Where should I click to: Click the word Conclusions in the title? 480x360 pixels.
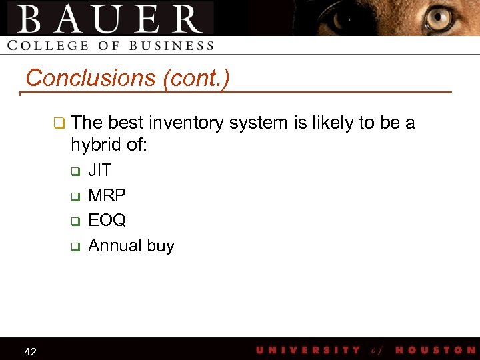90,79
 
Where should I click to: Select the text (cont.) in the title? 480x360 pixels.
195,79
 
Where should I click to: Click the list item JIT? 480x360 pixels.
100,171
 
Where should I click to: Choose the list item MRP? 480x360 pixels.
107,195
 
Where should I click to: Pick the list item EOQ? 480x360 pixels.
107,220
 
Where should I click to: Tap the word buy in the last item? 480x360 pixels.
160,246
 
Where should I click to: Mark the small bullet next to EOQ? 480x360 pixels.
75,221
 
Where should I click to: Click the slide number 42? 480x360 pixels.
30,351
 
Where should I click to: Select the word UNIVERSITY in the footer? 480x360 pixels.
308,350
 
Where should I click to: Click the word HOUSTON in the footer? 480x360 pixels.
435,350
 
